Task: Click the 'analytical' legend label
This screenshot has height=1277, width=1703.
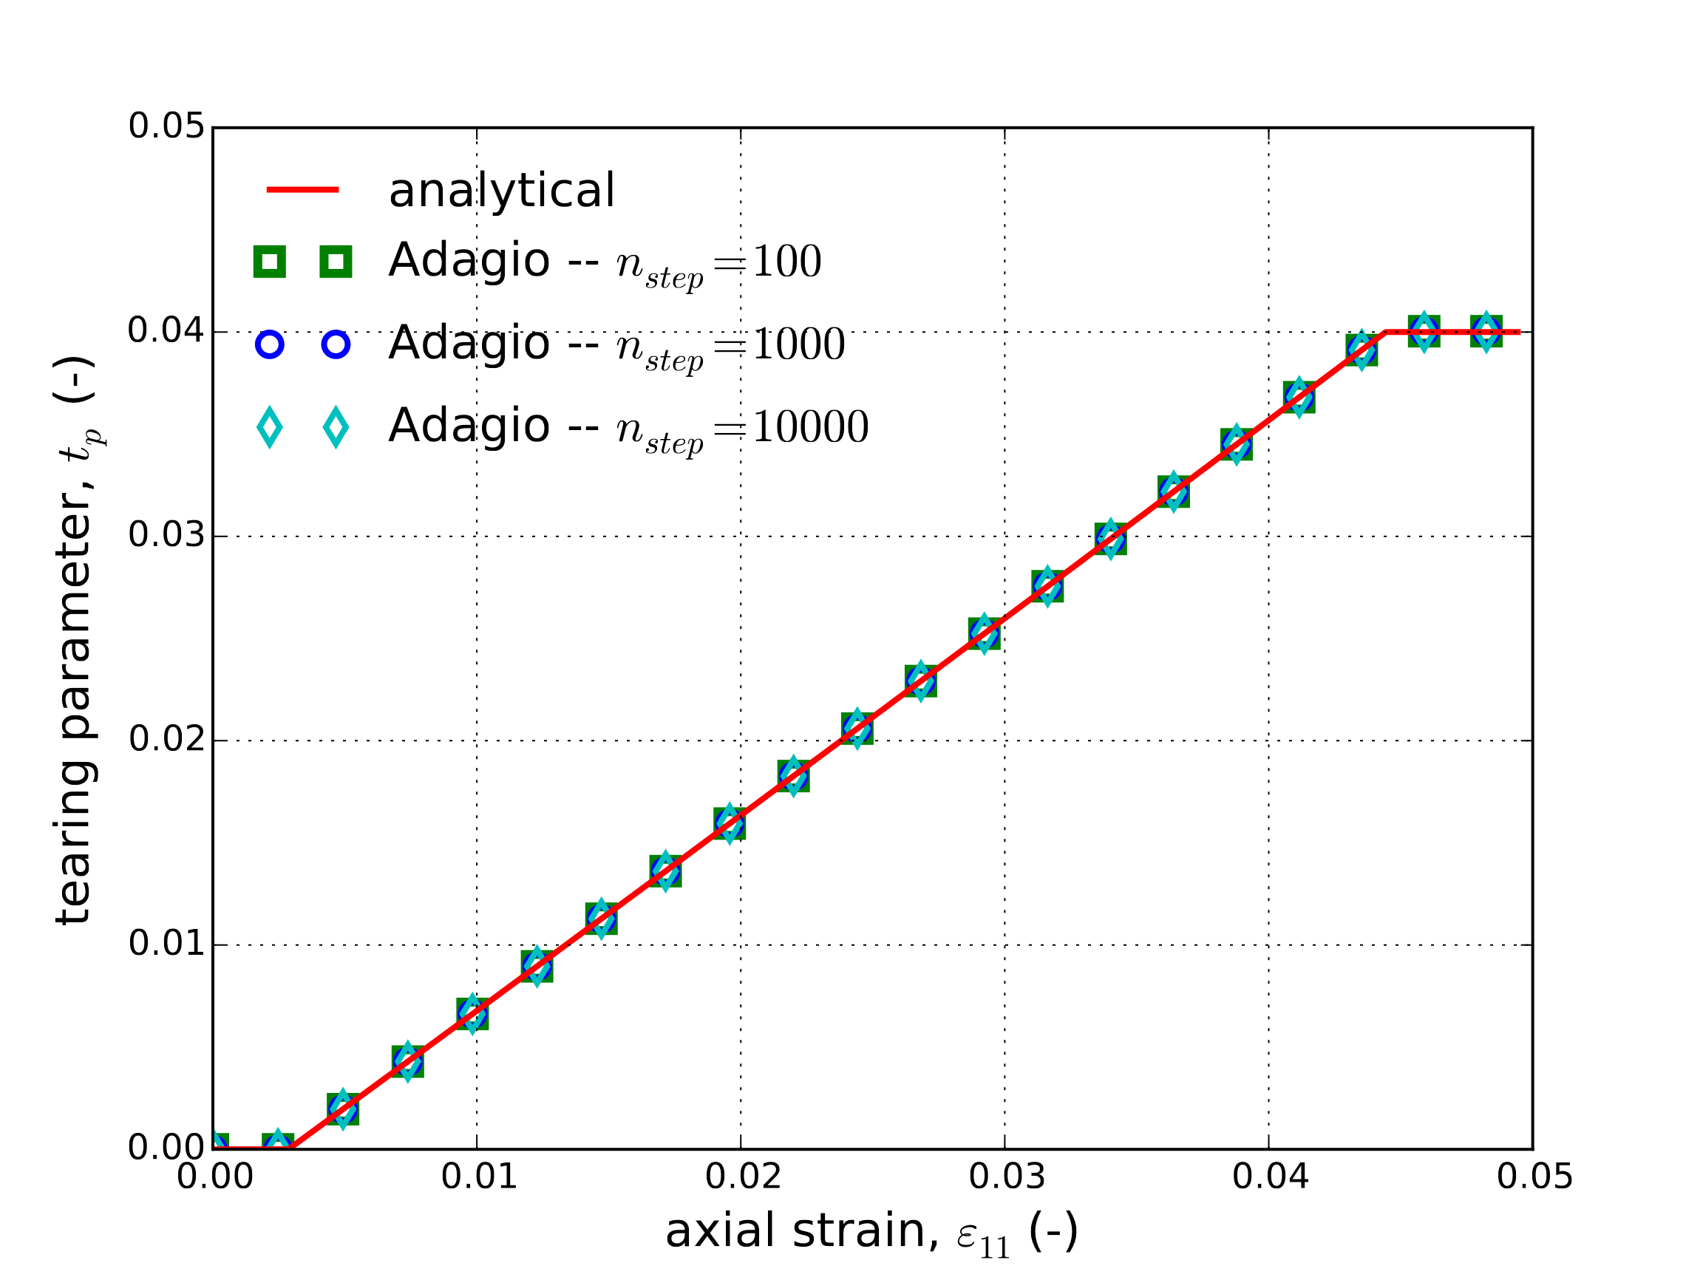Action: tap(501, 190)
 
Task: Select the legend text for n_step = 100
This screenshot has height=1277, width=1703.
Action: tap(605, 262)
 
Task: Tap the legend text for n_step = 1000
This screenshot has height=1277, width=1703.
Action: tap(616, 344)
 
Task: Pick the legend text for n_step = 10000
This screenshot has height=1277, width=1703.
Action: tap(628, 427)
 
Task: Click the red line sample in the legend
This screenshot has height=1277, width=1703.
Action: tap(302, 189)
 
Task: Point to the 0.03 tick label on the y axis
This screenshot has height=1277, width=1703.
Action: tap(166, 536)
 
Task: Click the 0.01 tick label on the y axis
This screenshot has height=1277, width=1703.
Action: tap(166, 944)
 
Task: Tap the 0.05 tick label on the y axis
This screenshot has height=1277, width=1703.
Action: tap(166, 127)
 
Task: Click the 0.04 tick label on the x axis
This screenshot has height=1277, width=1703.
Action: tap(1270, 1177)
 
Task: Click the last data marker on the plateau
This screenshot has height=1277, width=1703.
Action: tap(1485, 332)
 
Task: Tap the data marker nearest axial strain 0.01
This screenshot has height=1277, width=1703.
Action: tap(472, 1014)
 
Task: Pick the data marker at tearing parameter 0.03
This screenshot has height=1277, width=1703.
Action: tap(1110, 539)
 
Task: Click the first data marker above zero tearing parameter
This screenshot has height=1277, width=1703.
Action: tap(343, 1109)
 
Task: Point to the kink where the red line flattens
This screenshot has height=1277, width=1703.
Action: tap(1385, 332)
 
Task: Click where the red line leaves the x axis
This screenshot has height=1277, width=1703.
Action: tap(292, 1148)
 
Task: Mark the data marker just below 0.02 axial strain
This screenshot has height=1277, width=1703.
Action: tap(729, 825)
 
